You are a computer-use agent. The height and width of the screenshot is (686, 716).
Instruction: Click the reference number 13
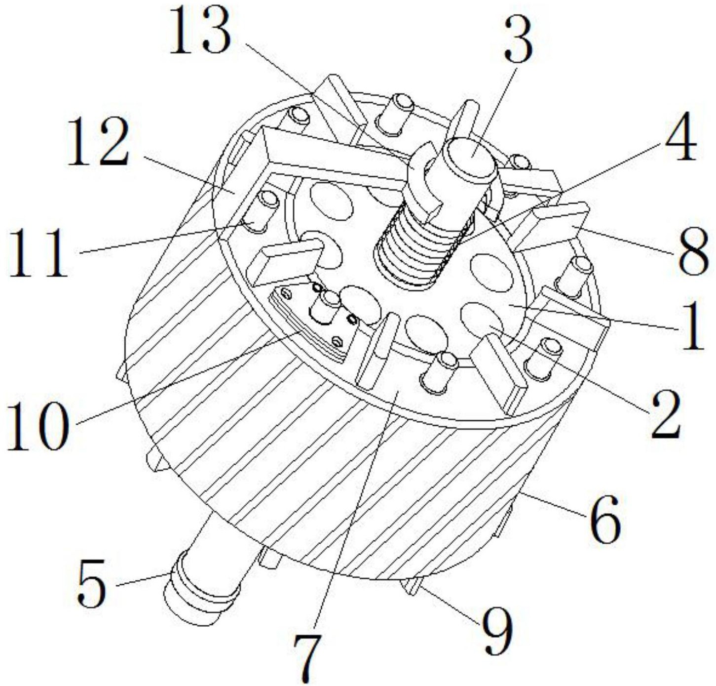pyautogui.click(x=200, y=32)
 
